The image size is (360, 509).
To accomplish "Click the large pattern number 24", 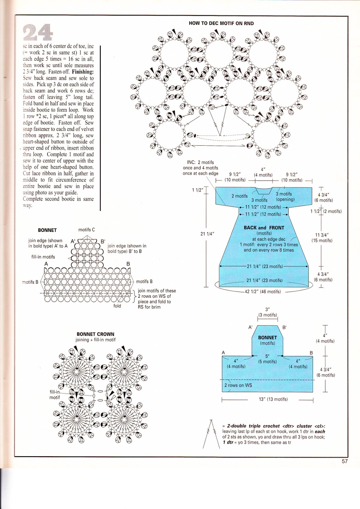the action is pos(38,32).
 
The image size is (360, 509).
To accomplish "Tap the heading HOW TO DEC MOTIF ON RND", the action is pos(221,23).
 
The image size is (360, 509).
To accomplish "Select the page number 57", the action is pos(344,461).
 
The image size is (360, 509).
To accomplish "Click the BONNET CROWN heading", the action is pos(95,334).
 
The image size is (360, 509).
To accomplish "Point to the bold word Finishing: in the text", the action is pos(83,72).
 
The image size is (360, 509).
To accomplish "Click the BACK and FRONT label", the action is pos(264,228).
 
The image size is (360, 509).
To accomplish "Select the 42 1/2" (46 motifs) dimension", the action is pos(263,291).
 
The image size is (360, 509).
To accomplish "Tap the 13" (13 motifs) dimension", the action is pos(273,399).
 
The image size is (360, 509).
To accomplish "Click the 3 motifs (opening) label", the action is pos(285,197).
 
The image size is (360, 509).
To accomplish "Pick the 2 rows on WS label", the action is pos(238,385).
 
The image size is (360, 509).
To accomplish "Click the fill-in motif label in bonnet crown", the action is pos(54,395).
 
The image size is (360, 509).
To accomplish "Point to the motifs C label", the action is pos(87,230).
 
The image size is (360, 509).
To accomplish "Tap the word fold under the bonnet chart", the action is pos(117,306).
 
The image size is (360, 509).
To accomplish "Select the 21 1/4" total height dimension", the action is pos(207,234).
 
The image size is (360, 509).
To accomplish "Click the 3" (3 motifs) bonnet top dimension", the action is pos(267,312).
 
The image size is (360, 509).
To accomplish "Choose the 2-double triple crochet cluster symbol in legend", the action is pos(211,434).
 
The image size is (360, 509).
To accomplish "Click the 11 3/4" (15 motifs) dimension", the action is pos(322,238).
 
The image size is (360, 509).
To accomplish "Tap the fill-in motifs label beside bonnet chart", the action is pos(43,257).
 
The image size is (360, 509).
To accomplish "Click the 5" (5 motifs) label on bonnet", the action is pos(267,359).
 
